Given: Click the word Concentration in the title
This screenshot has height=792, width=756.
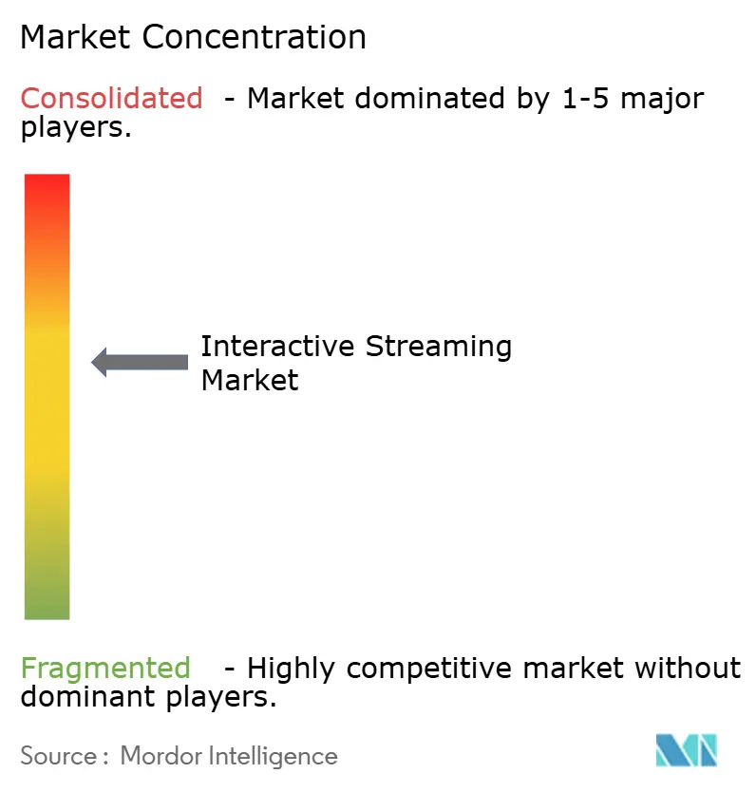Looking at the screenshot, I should coord(256,37).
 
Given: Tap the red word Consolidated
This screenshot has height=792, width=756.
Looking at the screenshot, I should coord(111,98).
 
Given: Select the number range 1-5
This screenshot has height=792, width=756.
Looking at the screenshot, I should coord(581,98).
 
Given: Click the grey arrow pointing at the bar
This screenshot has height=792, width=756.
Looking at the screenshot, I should coord(140,362).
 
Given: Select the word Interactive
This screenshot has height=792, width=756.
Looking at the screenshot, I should coord(277,346).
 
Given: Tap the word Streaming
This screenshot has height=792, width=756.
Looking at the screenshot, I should coord(439,348).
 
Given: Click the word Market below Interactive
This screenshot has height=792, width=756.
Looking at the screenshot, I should coord(250,380).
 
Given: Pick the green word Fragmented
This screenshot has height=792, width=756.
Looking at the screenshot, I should coord(105,669).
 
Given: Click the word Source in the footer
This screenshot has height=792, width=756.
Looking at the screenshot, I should coord(58,756).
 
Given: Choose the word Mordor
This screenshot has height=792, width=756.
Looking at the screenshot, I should coord(159,756).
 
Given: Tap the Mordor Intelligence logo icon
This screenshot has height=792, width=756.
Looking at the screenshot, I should coord(686,750).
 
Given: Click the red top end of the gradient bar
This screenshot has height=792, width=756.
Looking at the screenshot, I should coord(47,185).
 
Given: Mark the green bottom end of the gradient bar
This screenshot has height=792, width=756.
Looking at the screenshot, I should coord(47,608).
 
